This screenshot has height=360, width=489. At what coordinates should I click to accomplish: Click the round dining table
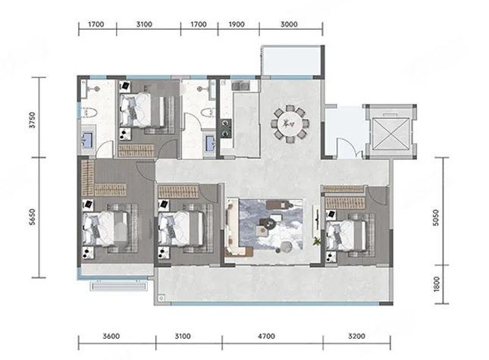(x=290, y=124)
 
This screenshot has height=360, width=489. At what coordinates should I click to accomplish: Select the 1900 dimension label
(x=237, y=24)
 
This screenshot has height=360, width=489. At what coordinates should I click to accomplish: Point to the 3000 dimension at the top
(x=289, y=24)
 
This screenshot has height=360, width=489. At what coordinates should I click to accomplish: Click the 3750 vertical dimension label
(x=33, y=120)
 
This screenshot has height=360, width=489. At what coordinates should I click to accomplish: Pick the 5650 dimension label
(x=33, y=217)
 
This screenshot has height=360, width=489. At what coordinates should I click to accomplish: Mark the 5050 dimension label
(x=436, y=218)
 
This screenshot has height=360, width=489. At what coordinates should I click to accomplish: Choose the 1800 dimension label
(x=436, y=284)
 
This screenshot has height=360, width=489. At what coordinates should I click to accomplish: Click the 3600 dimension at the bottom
(x=111, y=337)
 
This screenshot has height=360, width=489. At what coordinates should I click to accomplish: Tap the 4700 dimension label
(x=266, y=337)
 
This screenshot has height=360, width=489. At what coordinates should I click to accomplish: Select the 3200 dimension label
(x=356, y=337)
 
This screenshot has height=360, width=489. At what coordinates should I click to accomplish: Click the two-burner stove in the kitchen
(x=226, y=128)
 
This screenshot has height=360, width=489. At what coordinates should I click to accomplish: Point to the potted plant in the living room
(x=317, y=241)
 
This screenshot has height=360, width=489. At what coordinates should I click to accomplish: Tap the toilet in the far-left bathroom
(x=89, y=112)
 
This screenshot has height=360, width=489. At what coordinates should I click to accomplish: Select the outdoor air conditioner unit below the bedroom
(x=119, y=286)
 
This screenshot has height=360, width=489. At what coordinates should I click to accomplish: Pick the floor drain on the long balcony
(x=161, y=299)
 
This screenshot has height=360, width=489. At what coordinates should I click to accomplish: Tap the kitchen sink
(x=240, y=85)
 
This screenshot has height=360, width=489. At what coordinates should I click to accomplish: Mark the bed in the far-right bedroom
(x=346, y=235)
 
